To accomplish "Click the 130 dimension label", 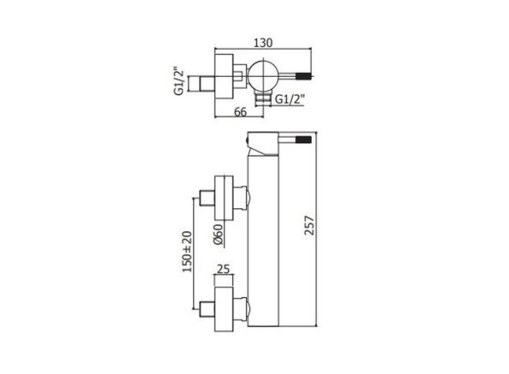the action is [263, 42].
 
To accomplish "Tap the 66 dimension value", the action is [241, 111].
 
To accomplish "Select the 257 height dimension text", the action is [310, 225].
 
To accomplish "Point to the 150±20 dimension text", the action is [187, 251].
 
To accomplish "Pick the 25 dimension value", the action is [223, 269].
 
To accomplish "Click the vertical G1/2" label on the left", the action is [179, 81].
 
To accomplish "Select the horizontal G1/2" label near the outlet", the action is [290, 98].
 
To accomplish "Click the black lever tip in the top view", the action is [304, 77].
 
